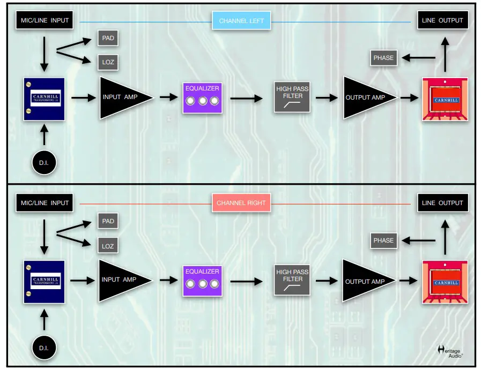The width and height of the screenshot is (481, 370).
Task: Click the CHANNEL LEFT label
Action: [x=241, y=21]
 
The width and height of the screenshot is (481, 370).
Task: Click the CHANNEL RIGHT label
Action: [x=241, y=203]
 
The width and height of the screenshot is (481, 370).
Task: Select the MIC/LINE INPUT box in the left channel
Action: [x=45, y=20]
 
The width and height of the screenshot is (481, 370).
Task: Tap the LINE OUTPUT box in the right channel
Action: [x=442, y=203]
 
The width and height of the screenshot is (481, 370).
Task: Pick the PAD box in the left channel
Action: [x=108, y=39]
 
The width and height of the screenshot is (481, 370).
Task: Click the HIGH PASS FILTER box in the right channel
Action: [x=292, y=280]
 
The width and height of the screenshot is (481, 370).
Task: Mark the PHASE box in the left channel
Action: [x=383, y=58]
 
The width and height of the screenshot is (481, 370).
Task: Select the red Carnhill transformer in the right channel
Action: [x=445, y=282]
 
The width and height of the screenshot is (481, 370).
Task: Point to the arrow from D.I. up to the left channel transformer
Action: [x=45, y=133]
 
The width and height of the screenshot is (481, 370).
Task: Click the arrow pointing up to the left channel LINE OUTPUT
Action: [x=445, y=55]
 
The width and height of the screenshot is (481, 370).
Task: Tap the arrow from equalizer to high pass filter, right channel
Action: [x=246, y=281]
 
